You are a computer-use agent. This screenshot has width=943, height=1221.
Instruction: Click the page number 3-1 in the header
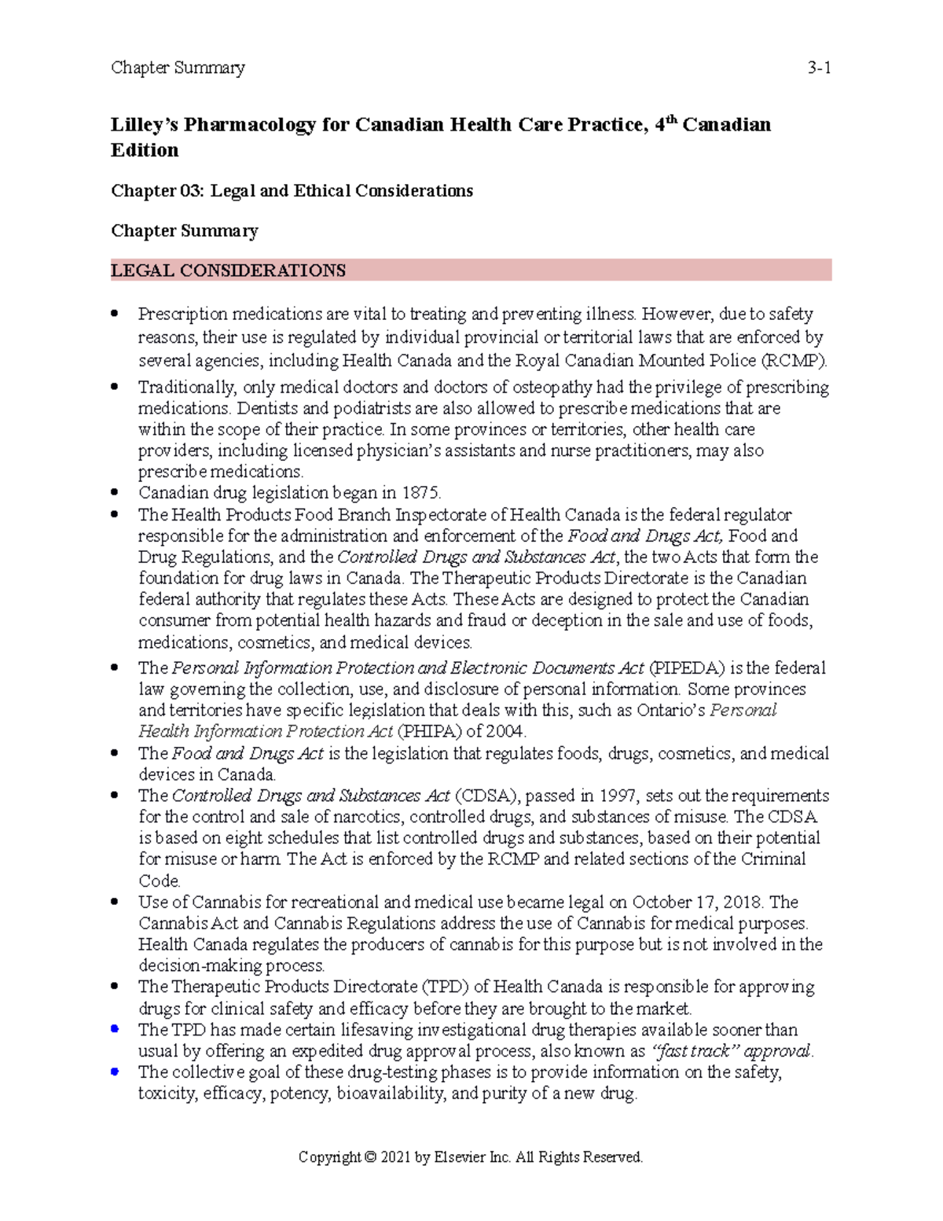819,68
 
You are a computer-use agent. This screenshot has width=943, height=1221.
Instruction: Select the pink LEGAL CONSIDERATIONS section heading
228,270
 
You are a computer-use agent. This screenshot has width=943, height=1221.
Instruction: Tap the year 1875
421,493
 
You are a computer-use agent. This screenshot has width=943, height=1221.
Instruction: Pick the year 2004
505,731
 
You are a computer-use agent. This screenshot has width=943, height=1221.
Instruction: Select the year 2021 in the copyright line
395,1157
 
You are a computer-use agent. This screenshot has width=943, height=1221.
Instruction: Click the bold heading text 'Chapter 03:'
157,191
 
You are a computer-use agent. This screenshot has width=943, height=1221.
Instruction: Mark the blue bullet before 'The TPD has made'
115,1028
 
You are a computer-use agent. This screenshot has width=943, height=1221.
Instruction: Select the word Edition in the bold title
145,150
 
